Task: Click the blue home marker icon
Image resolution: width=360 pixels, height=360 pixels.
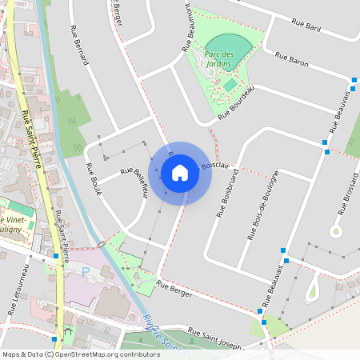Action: (x=180, y=173)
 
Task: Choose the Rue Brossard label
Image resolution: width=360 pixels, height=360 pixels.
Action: (x=349, y=197)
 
